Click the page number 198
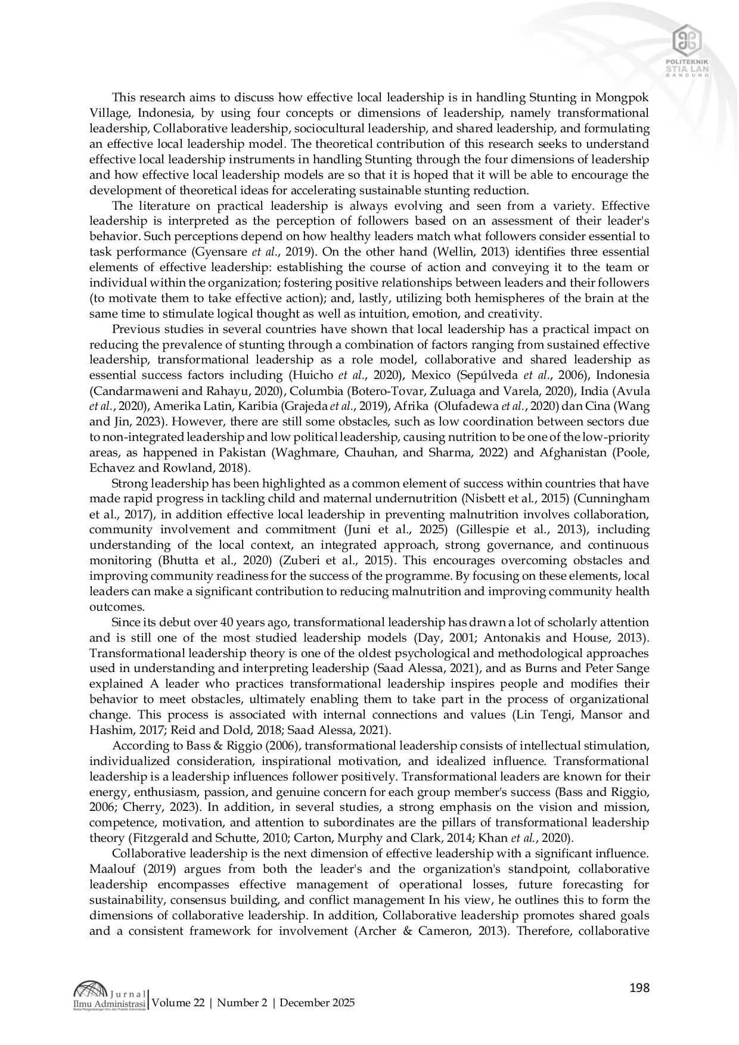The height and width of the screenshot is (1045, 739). tap(639, 988)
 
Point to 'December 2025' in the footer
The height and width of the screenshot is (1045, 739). tap(317, 1003)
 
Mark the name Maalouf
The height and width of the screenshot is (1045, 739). tap(111, 869)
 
